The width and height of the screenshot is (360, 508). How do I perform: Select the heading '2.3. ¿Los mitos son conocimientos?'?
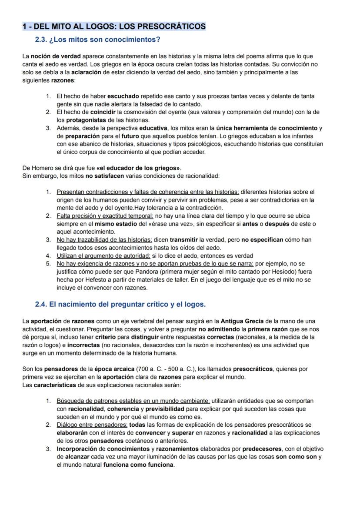click(97, 40)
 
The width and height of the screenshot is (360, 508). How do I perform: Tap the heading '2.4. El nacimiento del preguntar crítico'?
click(120, 304)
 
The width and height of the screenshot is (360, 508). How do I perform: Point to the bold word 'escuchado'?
click(123, 96)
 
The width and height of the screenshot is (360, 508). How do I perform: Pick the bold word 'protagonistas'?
click(86, 120)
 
